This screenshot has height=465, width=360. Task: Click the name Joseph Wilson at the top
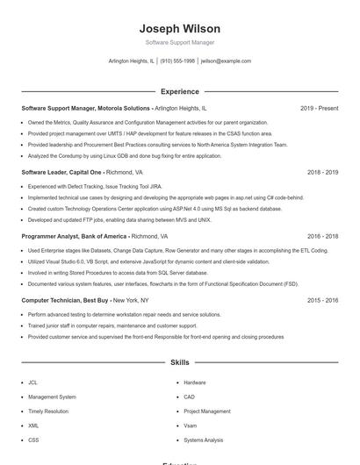179,29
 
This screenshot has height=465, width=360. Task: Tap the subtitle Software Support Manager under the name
179,42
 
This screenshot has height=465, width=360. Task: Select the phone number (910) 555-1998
177,61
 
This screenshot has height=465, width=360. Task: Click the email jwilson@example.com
226,61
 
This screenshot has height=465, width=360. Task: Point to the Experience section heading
179,91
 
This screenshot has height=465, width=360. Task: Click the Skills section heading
179,361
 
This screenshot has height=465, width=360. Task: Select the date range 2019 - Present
319,108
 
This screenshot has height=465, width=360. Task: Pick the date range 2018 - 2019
322,172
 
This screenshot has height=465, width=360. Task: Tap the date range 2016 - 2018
322,236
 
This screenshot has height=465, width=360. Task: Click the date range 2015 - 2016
322,300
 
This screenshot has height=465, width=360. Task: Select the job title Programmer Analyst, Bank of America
75,236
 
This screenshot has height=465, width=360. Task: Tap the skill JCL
32,383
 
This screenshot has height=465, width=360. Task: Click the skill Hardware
195,383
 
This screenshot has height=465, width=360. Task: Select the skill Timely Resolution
47,411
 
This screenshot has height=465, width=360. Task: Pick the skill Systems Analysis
204,440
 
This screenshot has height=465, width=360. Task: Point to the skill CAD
190,397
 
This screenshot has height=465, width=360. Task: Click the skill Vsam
191,426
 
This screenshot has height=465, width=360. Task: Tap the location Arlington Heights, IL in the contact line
131,61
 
